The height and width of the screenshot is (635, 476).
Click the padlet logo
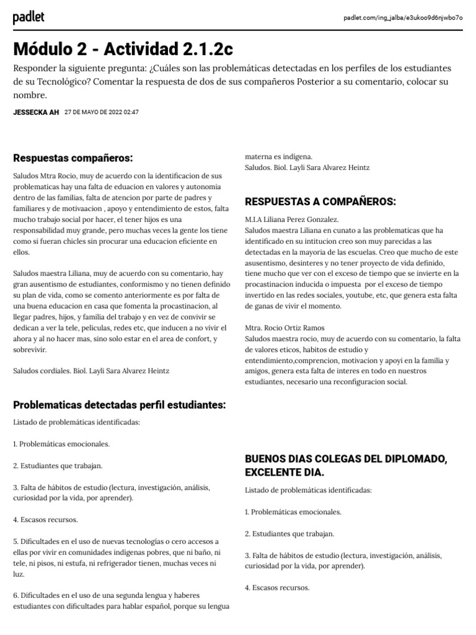tap(29, 18)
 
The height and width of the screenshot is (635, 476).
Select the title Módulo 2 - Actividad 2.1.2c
tap(123, 49)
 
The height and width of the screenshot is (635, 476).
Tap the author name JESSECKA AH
tap(35, 112)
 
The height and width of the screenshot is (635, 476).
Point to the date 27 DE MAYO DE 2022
tap(101, 112)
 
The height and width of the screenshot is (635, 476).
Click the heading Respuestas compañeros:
tap(73, 158)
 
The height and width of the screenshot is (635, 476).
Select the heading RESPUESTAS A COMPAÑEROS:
tap(320, 202)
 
